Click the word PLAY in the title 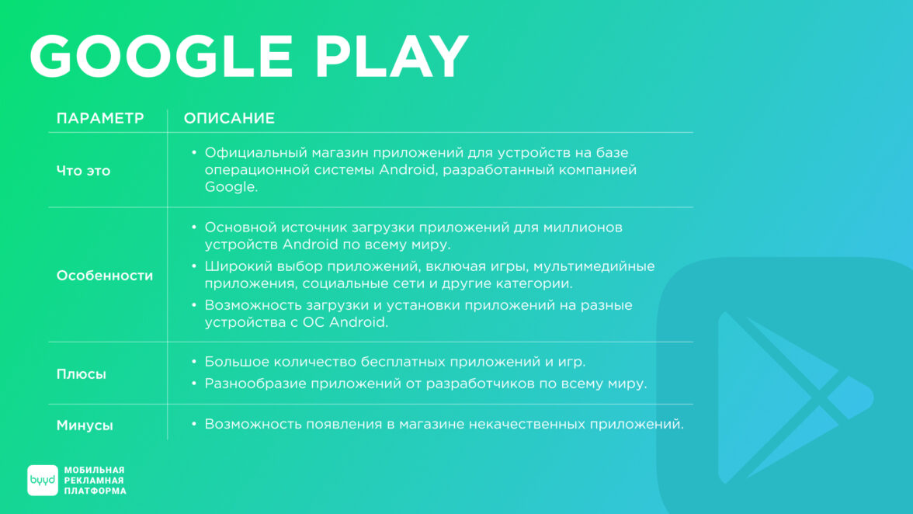pyautogui.click(x=392, y=56)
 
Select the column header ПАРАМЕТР pyautogui.click(x=100, y=118)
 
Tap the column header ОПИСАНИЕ pyautogui.click(x=230, y=118)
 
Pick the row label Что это pyautogui.click(x=83, y=171)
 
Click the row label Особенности pyautogui.click(x=105, y=276)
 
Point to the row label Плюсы pyautogui.click(x=82, y=374)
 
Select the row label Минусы pyautogui.click(x=85, y=425)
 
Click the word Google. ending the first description pyautogui.click(x=231, y=187)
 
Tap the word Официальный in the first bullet pyautogui.click(x=256, y=152)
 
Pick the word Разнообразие pyautogui.click(x=255, y=384)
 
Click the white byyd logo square pyautogui.click(x=43, y=481)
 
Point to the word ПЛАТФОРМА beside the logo pyautogui.click(x=95, y=491)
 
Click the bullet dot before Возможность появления pyautogui.click(x=194, y=424)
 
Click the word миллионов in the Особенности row pyautogui.click(x=583, y=227)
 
